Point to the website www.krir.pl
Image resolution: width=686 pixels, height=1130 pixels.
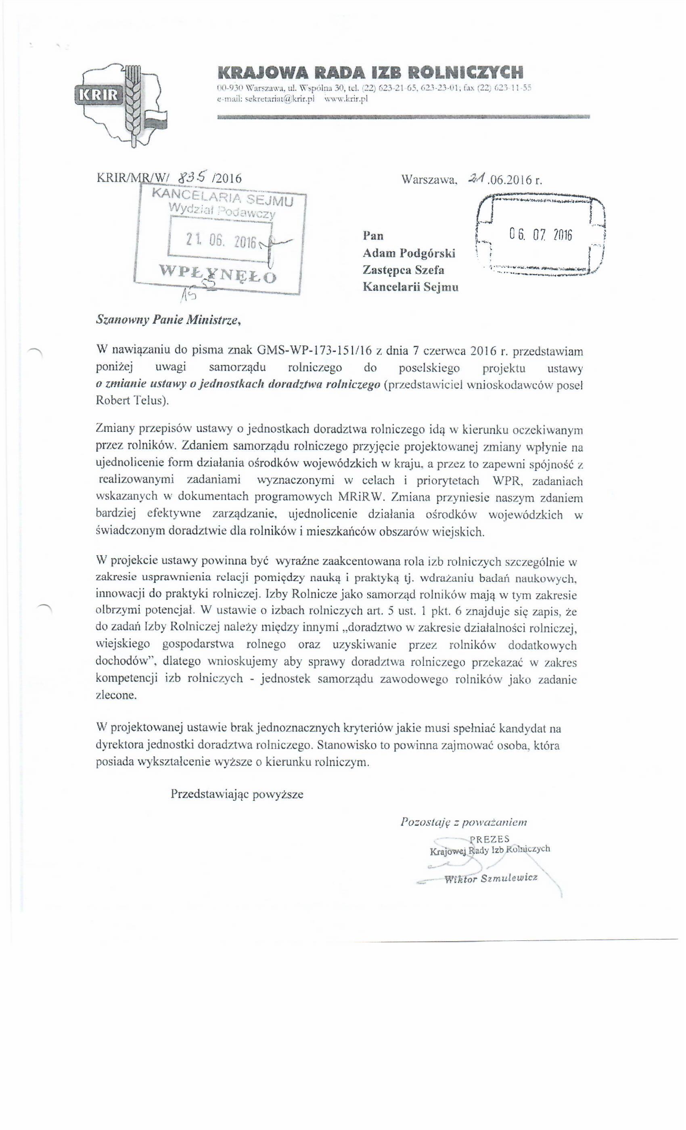346,98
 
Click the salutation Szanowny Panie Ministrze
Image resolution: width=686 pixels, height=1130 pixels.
168,320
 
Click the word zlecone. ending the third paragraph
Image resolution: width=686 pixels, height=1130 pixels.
117,695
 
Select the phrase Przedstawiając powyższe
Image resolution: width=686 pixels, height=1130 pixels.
236,794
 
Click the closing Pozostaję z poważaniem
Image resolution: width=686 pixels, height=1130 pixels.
463,822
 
